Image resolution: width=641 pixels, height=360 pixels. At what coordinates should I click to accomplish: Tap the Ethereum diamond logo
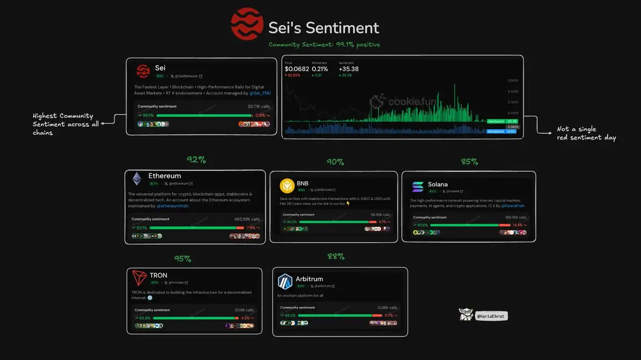click(137, 178)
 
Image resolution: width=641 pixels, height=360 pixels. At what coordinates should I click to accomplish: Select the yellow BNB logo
click(287, 185)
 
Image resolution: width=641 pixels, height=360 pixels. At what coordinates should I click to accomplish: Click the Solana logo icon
click(418, 187)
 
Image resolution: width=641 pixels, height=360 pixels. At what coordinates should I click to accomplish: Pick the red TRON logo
click(139, 278)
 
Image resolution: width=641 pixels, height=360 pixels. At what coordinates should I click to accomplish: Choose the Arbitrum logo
click(285, 281)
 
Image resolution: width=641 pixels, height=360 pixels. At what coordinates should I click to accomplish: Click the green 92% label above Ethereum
click(196, 160)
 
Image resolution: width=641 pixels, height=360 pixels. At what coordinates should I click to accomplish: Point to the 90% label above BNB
click(335, 162)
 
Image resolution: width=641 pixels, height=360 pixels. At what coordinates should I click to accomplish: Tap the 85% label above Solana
click(469, 161)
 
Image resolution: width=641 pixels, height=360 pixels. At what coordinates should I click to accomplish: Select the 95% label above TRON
click(182, 259)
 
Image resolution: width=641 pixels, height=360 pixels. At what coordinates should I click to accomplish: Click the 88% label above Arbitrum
click(336, 256)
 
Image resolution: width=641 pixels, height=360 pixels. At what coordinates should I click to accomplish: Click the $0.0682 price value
click(297, 69)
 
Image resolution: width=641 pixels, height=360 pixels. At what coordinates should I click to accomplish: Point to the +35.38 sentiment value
click(349, 69)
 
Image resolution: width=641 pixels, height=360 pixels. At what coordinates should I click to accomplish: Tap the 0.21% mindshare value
click(320, 69)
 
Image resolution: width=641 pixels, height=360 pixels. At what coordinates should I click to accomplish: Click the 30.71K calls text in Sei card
click(259, 106)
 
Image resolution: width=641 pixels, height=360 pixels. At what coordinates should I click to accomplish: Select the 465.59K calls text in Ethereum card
click(246, 219)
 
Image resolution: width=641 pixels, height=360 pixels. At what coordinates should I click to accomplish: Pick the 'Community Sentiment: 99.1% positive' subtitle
click(324, 45)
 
